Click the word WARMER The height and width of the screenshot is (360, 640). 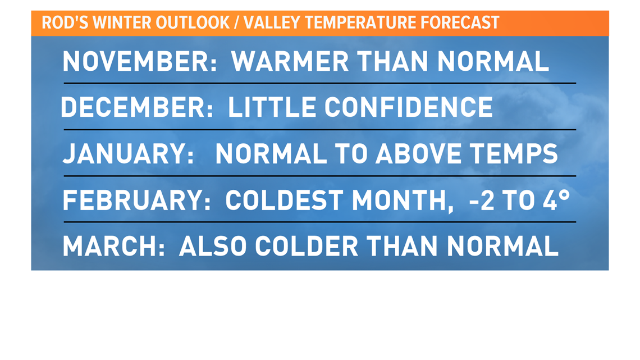[290, 61]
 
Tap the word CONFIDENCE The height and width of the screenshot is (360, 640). [409, 107]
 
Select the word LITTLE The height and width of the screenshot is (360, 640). [272, 107]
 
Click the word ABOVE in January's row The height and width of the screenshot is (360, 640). [418, 154]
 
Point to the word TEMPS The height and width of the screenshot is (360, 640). [514, 154]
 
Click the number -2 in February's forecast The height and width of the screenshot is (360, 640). [481, 200]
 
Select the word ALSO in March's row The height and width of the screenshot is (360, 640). [213, 247]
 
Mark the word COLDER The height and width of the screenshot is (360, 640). [307, 247]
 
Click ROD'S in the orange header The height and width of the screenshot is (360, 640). [65, 23]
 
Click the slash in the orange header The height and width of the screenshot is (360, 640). [236, 23]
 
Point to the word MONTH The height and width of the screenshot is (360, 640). [403, 200]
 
